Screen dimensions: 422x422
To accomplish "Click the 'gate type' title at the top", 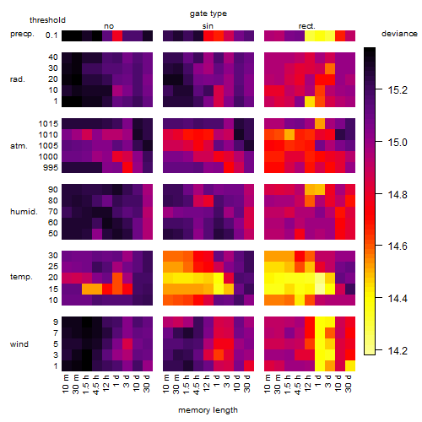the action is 208,14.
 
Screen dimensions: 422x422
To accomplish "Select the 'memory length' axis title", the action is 208,410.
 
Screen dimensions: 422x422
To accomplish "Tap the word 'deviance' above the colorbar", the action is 399,34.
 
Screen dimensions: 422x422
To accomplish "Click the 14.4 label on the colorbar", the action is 398,298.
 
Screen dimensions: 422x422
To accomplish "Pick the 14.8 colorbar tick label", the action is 398,194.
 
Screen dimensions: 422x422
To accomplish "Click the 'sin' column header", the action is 208,26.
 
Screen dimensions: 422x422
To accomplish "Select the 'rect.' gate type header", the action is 306,26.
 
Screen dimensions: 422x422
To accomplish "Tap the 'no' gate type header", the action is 109,26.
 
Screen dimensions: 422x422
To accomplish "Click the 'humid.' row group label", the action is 24,212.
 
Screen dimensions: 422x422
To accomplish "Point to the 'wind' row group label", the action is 19,344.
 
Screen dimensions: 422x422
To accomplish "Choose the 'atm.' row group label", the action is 19,146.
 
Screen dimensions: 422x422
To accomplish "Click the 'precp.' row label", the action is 22,34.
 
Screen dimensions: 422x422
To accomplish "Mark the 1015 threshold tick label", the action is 48,124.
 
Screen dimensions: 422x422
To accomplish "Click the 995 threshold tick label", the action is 51,168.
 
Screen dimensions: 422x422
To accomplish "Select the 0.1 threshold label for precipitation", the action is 51,35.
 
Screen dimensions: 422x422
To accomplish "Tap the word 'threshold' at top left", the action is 47,20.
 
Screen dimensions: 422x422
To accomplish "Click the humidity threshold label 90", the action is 53,190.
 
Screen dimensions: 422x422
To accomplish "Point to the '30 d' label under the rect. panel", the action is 349,383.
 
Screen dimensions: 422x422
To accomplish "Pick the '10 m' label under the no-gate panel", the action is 65,384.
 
